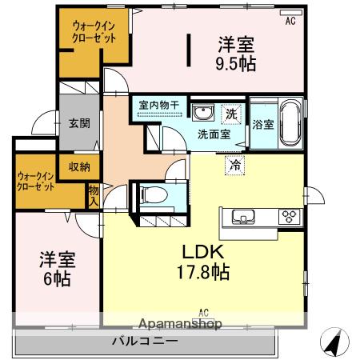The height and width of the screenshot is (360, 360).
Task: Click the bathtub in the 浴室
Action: pos(290,122)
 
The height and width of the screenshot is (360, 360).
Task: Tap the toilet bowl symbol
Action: pos(154,194)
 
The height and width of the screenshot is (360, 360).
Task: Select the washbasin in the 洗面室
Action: pos(203,112)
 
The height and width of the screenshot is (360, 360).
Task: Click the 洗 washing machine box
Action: pos(231,114)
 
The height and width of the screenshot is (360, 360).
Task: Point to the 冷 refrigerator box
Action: pos(234,165)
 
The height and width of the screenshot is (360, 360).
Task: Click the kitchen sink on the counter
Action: pos(243,217)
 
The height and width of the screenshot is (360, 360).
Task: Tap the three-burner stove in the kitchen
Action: pos(290,217)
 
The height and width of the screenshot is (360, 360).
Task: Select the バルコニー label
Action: pos(145,341)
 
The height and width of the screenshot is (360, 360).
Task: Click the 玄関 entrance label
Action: pos(79,123)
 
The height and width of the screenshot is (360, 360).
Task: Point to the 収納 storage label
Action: pos(79,167)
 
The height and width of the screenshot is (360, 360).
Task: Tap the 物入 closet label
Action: pos(94,196)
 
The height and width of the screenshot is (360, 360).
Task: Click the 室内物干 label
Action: pos(159,105)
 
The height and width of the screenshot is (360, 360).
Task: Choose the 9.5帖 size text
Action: pos(236,63)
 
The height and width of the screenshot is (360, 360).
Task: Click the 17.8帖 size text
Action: pos(203,272)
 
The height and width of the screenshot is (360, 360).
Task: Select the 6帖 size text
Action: pos(57,279)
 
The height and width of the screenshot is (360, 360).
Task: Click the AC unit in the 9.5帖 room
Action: pos(291,13)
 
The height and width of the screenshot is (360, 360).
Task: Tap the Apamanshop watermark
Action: pos(180,324)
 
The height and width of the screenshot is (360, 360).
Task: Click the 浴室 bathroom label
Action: pos(263,125)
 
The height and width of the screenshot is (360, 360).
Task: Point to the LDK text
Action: pos(202,252)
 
